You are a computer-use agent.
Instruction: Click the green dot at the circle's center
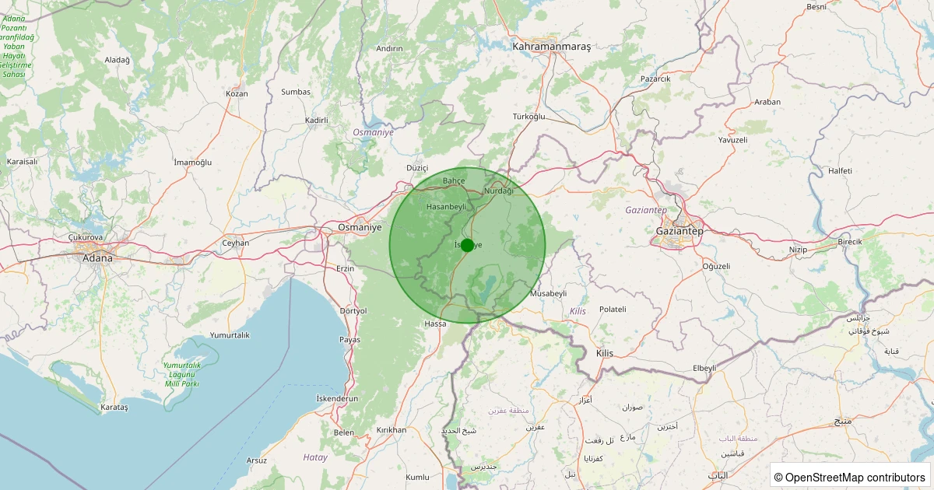[467, 245]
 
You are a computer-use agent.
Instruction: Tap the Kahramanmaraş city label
[551, 47]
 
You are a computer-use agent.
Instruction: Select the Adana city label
[97, 257]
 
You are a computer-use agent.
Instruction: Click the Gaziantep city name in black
[679, 232]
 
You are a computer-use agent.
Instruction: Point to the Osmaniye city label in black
[360, 227]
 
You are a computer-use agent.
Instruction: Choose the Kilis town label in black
[604, 353]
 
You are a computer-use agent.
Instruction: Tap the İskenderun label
[337, 398]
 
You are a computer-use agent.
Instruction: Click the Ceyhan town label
[236, 243]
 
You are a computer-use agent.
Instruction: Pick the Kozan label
[237, 93]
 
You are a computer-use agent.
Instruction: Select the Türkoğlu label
[529, 117]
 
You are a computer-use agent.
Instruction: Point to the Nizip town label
[799, 250]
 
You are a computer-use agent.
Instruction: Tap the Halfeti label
[841, 170]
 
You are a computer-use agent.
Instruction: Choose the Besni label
[816, 7]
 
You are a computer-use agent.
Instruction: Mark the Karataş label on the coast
[114, 407]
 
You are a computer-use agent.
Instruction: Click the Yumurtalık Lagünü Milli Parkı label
[182, 374]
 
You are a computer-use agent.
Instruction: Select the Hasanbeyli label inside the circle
[446, 207]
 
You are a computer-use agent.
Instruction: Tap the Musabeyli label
[548, 294]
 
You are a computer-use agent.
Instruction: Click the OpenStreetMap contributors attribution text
[850, 477]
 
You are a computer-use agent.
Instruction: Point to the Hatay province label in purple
[315, 457]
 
